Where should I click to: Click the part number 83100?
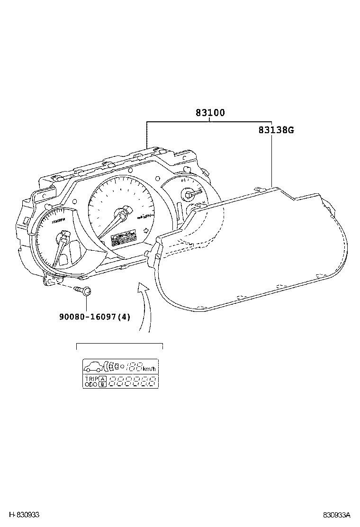click(210, 113)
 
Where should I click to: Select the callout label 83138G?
click(276, 130)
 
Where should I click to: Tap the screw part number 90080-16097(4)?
click(94, 316)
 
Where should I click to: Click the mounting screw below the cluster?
click(85, 291)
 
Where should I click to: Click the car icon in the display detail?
click(93, 366)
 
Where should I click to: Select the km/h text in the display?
click(149, 369)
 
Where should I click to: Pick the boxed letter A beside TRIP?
click(103, 378)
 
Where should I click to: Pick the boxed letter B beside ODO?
click(103, 384)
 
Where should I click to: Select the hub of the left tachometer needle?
click(64, 236)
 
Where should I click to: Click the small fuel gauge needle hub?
click(188, 194)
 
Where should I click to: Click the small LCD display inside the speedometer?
click(123, 238)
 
